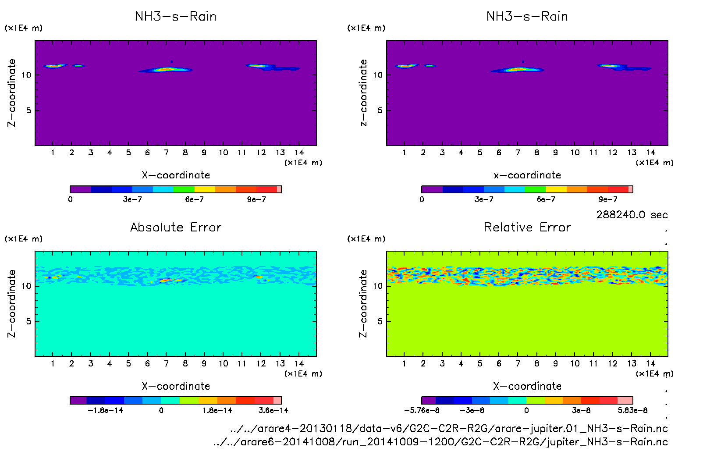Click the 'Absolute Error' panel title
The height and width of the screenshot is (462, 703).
[x=176, y=227]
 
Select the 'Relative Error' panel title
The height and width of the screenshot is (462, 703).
[x=527, y=227]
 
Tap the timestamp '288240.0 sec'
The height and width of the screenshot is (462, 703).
[x=632, y=215]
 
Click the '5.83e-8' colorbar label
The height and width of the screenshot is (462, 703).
[x=632, y=410]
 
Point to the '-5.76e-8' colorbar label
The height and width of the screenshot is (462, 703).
[x=422, y=410]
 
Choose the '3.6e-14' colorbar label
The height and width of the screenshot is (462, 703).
[x=273, y=410]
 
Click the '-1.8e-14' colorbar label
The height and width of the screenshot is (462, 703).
[x=105, y=410]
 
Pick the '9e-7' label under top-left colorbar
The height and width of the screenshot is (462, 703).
[x=256, y=199]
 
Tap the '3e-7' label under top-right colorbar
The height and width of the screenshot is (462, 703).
[x=484, y=199]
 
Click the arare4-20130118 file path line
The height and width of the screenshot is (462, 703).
[x=449, y=428]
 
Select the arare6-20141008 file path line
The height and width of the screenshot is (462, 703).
[x=440, y=442]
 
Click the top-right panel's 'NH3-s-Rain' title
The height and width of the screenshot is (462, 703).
[x=527, y=16]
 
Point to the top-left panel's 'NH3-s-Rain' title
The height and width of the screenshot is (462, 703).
[x=176, y=16]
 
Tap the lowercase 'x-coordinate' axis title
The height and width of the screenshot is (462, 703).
[x=527, y=175]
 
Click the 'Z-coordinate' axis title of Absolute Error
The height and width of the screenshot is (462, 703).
[x=11, y=303]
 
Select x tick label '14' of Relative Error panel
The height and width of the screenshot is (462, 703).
[x=650, y=363]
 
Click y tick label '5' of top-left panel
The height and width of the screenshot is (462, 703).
[x=28, y=110]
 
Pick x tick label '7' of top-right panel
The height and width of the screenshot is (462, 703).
[x=518, y=153]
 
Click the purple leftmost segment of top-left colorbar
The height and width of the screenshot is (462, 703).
[x=81, y=189]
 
